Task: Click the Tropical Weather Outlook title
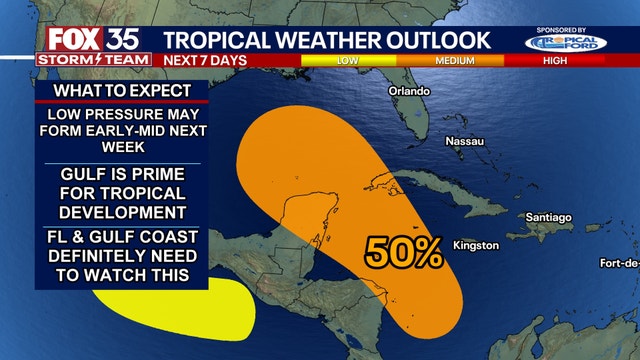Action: pos(327,39)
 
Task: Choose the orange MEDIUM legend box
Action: pos(453,60)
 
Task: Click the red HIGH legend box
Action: pos(556,60)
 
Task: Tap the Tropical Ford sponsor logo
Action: pos(565,43)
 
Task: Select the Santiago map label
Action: pos(547,217)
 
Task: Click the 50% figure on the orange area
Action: pos(403,252)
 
